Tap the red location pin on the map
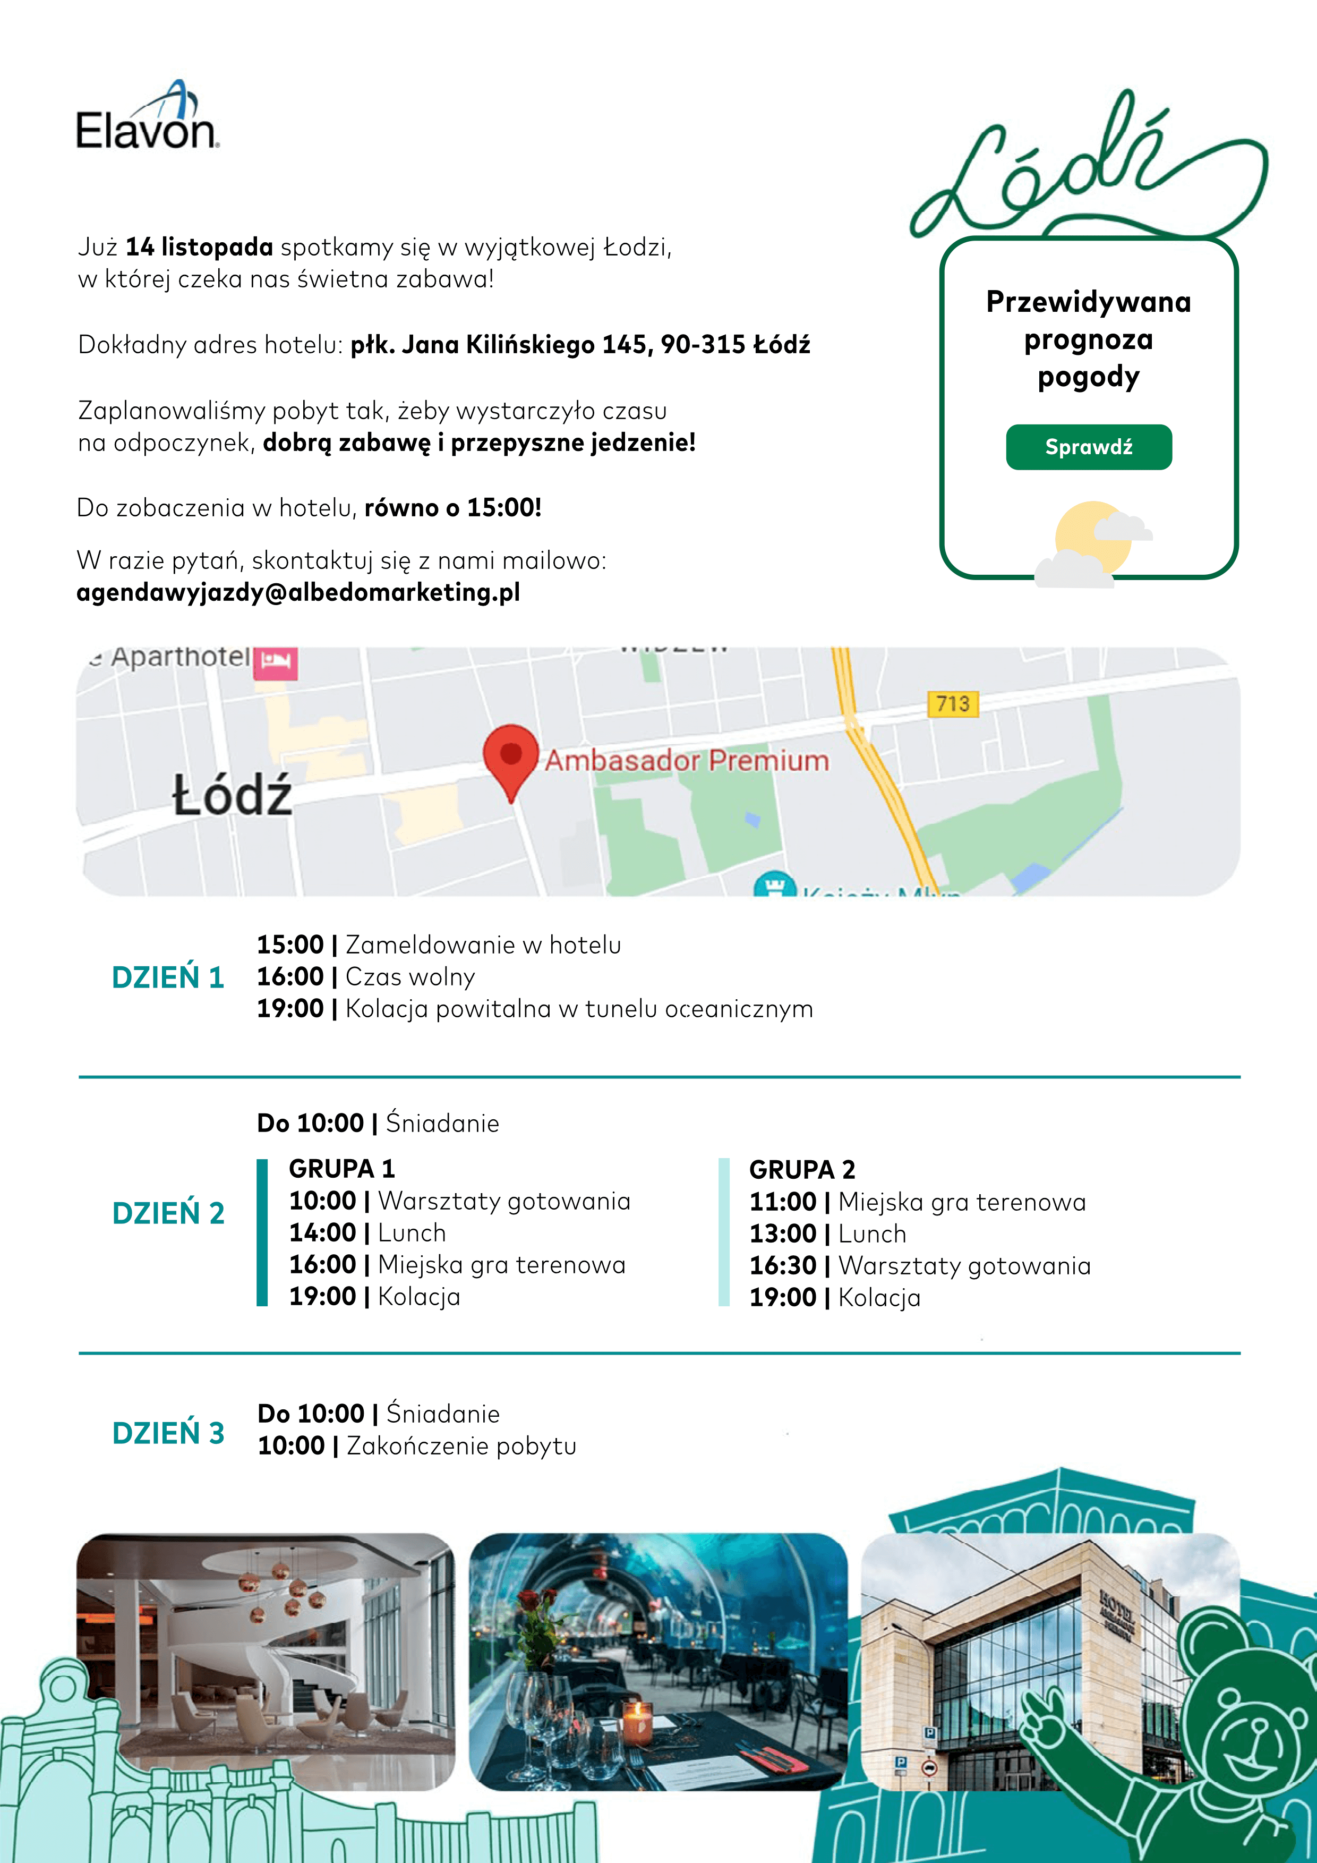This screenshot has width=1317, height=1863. click(x=511, y=755)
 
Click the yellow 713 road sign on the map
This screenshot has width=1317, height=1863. click(x=952, y=703)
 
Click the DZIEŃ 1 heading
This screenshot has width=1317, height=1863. click(x=168, y=977)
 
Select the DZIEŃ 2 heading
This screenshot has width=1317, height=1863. click(x=168, y=1213)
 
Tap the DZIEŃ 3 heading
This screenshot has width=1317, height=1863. click(x=168, y=1433)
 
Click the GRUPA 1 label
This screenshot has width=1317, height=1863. click(x=341, y=1169)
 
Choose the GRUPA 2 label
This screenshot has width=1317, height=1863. click(x=801, y=1169)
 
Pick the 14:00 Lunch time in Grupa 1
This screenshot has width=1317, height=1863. click(x=323, y=1232)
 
